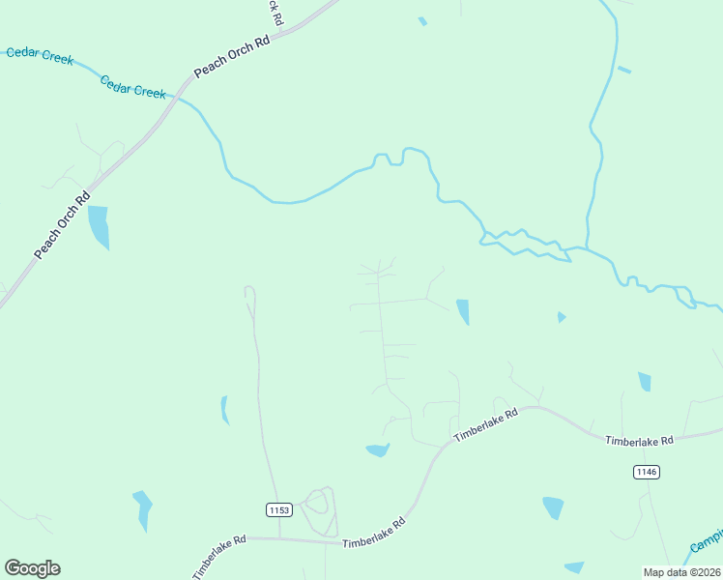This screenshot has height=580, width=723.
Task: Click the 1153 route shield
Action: (x=277, y=508)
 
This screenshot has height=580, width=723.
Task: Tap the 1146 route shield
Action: (x=647, y=472)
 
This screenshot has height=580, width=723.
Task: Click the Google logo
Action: (x=32, y=568)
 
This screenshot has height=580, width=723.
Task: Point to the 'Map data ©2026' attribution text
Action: (x=681, y=572)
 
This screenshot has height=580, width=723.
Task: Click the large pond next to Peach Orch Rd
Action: (x=99, y=227)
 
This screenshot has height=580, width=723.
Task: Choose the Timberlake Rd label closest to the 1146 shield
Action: (x=638, y=441)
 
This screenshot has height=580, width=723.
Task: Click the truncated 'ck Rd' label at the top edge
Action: (x=275, y=12)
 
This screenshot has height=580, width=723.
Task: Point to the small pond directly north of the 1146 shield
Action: (x=644, y=382)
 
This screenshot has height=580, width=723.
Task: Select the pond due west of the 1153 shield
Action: (x=143, y=509)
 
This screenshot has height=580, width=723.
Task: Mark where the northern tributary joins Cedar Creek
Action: (x=586, y=248)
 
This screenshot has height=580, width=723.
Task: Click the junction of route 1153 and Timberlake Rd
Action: (x=279, y=539)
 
